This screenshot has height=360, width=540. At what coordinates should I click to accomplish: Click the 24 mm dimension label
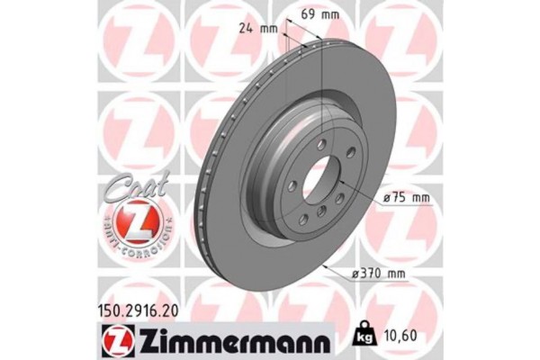(x=259, y=26)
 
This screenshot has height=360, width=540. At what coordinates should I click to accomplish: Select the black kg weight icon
(x=367, y=332)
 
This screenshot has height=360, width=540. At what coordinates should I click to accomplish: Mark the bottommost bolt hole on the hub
(x=322, y=213)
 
